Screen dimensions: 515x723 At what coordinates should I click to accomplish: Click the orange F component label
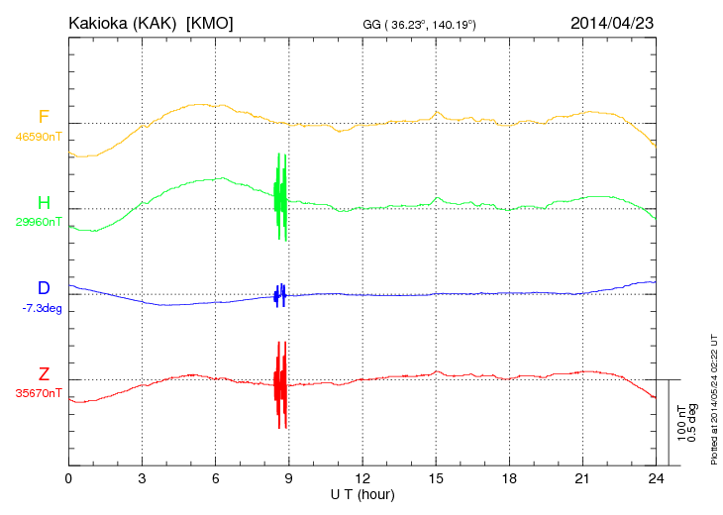44,118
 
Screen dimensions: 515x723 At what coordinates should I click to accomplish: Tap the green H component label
44,203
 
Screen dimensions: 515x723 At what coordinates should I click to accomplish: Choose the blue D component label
44,288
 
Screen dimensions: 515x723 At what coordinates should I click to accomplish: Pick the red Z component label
44,374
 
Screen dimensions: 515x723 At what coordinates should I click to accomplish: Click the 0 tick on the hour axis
68,478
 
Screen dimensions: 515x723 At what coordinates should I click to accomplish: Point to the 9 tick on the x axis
289,478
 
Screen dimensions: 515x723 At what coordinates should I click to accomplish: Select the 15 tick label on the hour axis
436,478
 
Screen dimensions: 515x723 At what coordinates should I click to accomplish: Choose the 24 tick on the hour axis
656,478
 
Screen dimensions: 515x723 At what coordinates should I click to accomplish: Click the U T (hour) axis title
361,493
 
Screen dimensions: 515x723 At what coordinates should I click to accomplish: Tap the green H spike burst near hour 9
281,196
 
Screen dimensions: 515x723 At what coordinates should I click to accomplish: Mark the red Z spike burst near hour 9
281,384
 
